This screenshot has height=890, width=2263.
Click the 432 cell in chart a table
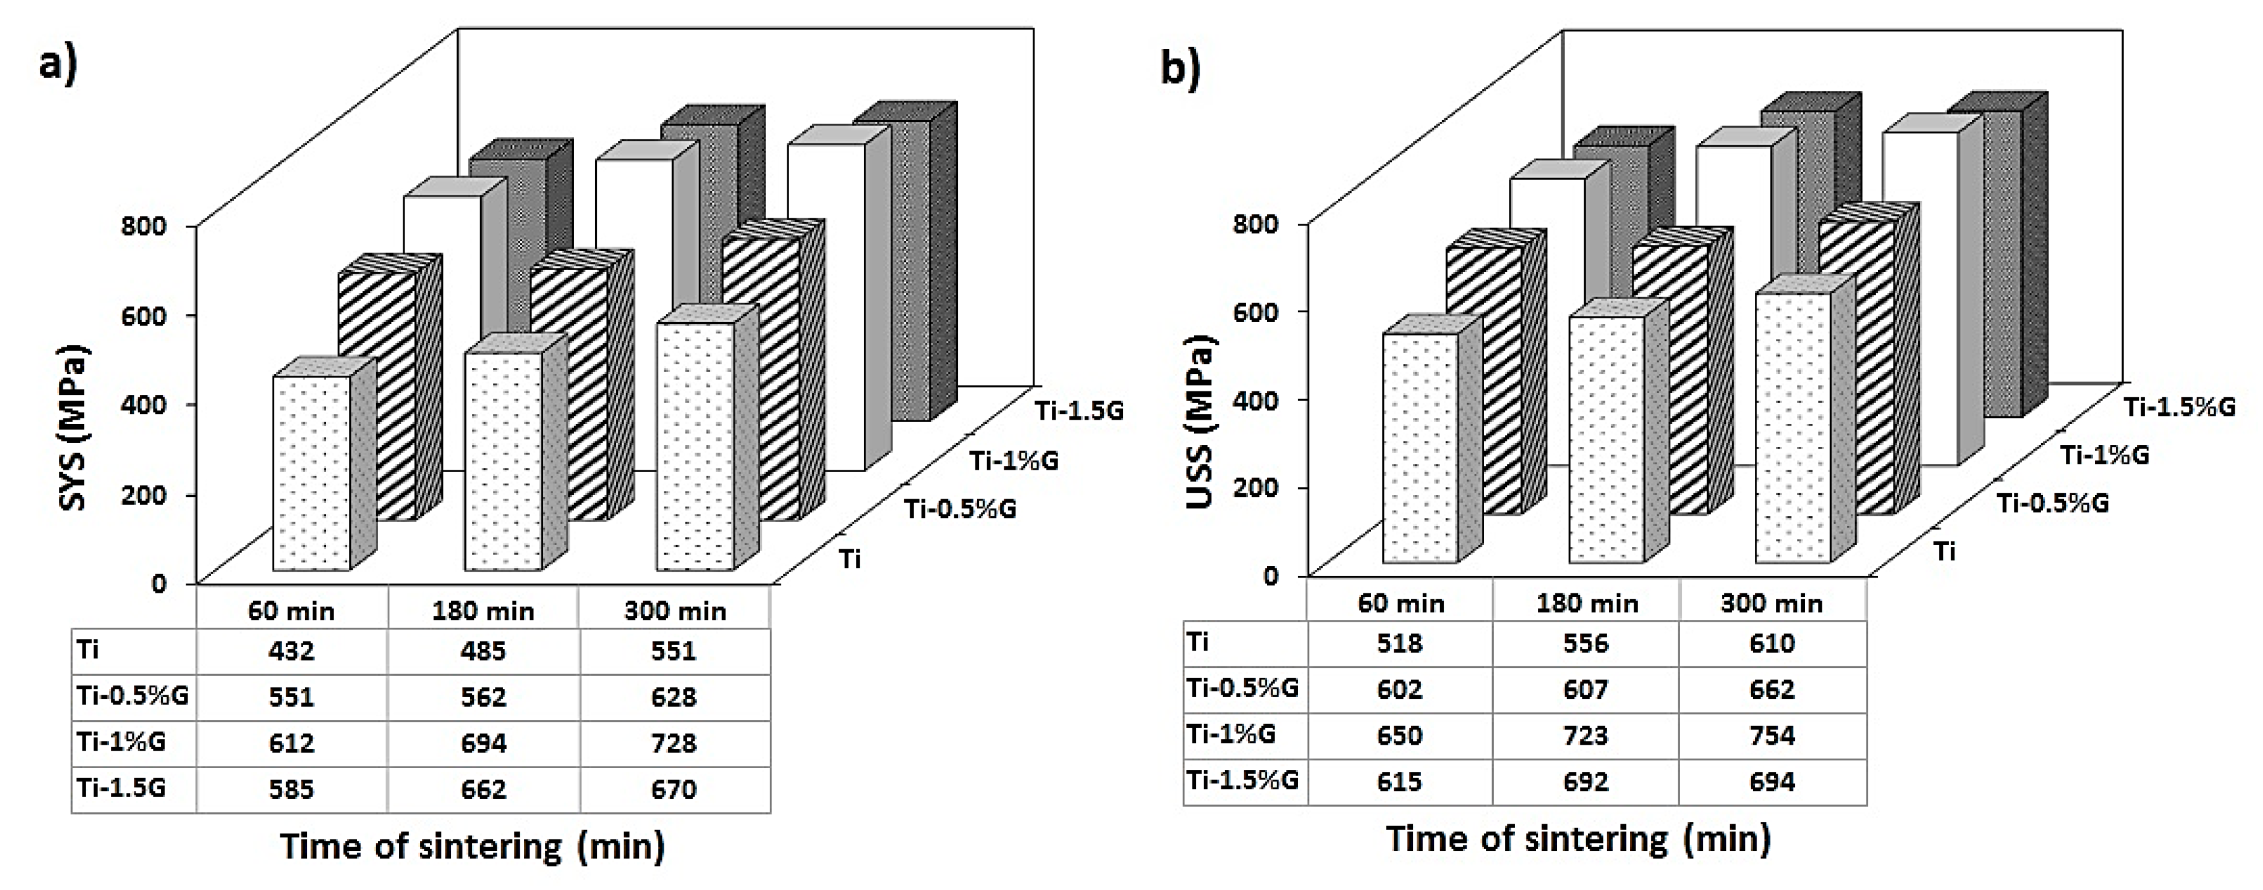291,651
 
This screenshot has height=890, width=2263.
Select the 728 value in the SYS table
674,743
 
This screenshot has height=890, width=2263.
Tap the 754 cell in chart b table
1771,734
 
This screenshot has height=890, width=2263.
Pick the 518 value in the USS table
1399,643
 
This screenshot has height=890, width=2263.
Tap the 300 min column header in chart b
1771,604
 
